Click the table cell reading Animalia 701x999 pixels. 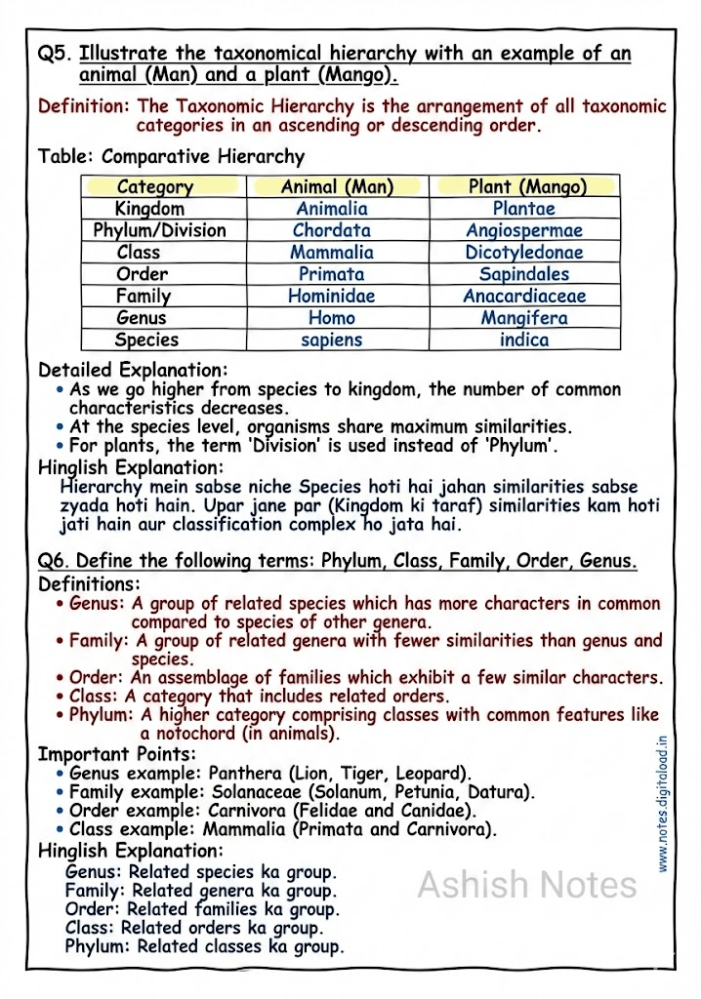point(332,209)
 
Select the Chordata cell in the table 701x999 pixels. point(332,231)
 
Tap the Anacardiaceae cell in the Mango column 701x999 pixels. point(524,297)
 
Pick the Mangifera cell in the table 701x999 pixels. point(524,318)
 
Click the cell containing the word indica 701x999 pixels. point(524,340)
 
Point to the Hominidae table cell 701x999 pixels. point(332,297)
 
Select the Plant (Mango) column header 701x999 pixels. point(527,186)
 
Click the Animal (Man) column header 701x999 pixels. point(337,186)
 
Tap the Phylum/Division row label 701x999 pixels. point(159,231)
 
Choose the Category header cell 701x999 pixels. point(155,186)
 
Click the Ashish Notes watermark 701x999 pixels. point(527,885)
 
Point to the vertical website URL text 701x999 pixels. point(663,806)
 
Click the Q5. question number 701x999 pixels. point(54,54)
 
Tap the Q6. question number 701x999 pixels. point(54,561)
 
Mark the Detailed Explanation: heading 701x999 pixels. point(133,371)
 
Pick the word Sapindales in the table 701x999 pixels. point(524,274)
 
